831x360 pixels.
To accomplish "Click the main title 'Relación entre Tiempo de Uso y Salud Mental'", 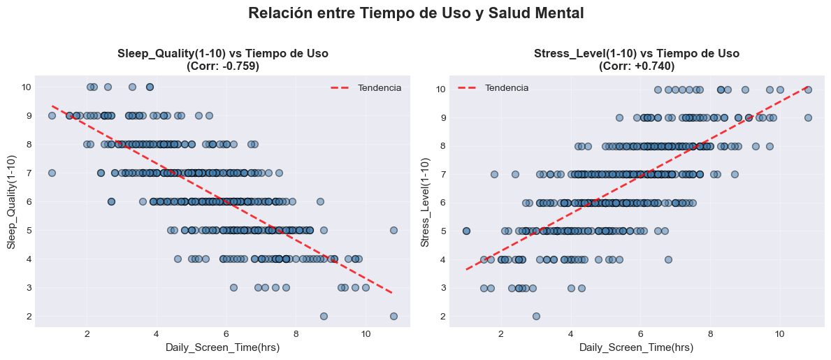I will (x=416, y=13).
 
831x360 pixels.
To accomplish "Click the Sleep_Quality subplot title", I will (x=222, y=54).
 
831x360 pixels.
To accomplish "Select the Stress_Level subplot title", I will (x=637, y=54).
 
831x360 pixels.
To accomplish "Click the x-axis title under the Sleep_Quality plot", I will (x=222, y=347).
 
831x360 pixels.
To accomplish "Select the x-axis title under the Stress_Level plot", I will (x=637, y=347).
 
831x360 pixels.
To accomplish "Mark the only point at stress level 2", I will (x=536, y=316).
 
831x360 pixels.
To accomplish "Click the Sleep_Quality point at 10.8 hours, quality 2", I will (x=393, y=316).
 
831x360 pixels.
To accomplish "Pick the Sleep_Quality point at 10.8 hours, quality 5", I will (x=393, y=230).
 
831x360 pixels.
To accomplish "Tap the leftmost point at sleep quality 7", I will (x=52, y=173).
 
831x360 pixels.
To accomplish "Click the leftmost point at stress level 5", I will (x=466, y=230).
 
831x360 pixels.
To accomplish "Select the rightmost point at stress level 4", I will (x=668, y=259).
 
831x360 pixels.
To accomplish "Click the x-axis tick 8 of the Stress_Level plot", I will (x=710, y=333).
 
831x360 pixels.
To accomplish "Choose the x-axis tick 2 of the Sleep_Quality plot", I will (x=87, y=333).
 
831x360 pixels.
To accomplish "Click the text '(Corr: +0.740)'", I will (x=637, y=66).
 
